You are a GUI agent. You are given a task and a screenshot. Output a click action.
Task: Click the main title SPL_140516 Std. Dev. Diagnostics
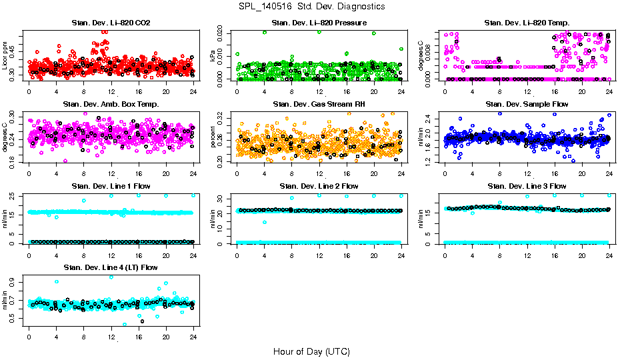pyautogui.click(x=311, y=6)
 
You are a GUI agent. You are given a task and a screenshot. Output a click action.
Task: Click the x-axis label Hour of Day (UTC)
pyautogui.click(x=311, y=351)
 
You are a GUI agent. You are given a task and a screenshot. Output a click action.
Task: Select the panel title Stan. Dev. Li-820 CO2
pyautogui.click(x=111, y=23)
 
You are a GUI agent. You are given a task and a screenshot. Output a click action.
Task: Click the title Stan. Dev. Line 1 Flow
pyautogui.click(x=111, y=186)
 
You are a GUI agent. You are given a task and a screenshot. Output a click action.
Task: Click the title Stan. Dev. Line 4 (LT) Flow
pyautogui.click(x=111, y=267)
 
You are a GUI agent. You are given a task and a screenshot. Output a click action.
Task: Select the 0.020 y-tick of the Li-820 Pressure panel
pyautogui.click(x=223, y=32)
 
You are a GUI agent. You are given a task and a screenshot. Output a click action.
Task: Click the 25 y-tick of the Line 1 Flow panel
pyautogui.click(x=15, y=195)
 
